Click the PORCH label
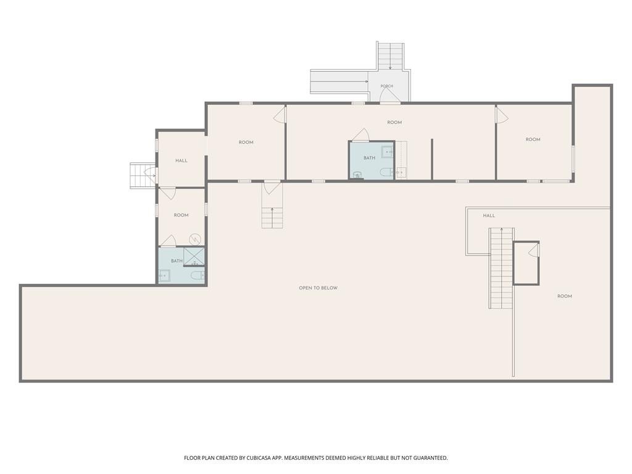386,86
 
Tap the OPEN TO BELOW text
318,288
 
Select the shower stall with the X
194,256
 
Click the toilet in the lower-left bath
197,276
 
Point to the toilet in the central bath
386,173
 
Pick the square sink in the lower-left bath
164,276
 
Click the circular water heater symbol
195,239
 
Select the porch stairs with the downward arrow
390,56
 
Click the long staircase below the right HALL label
501,268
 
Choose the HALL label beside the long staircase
489,215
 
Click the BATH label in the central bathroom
369,158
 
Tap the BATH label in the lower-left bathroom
177,261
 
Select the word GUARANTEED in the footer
431,458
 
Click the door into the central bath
360,135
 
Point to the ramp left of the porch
339,82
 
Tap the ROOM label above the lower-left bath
181,215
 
